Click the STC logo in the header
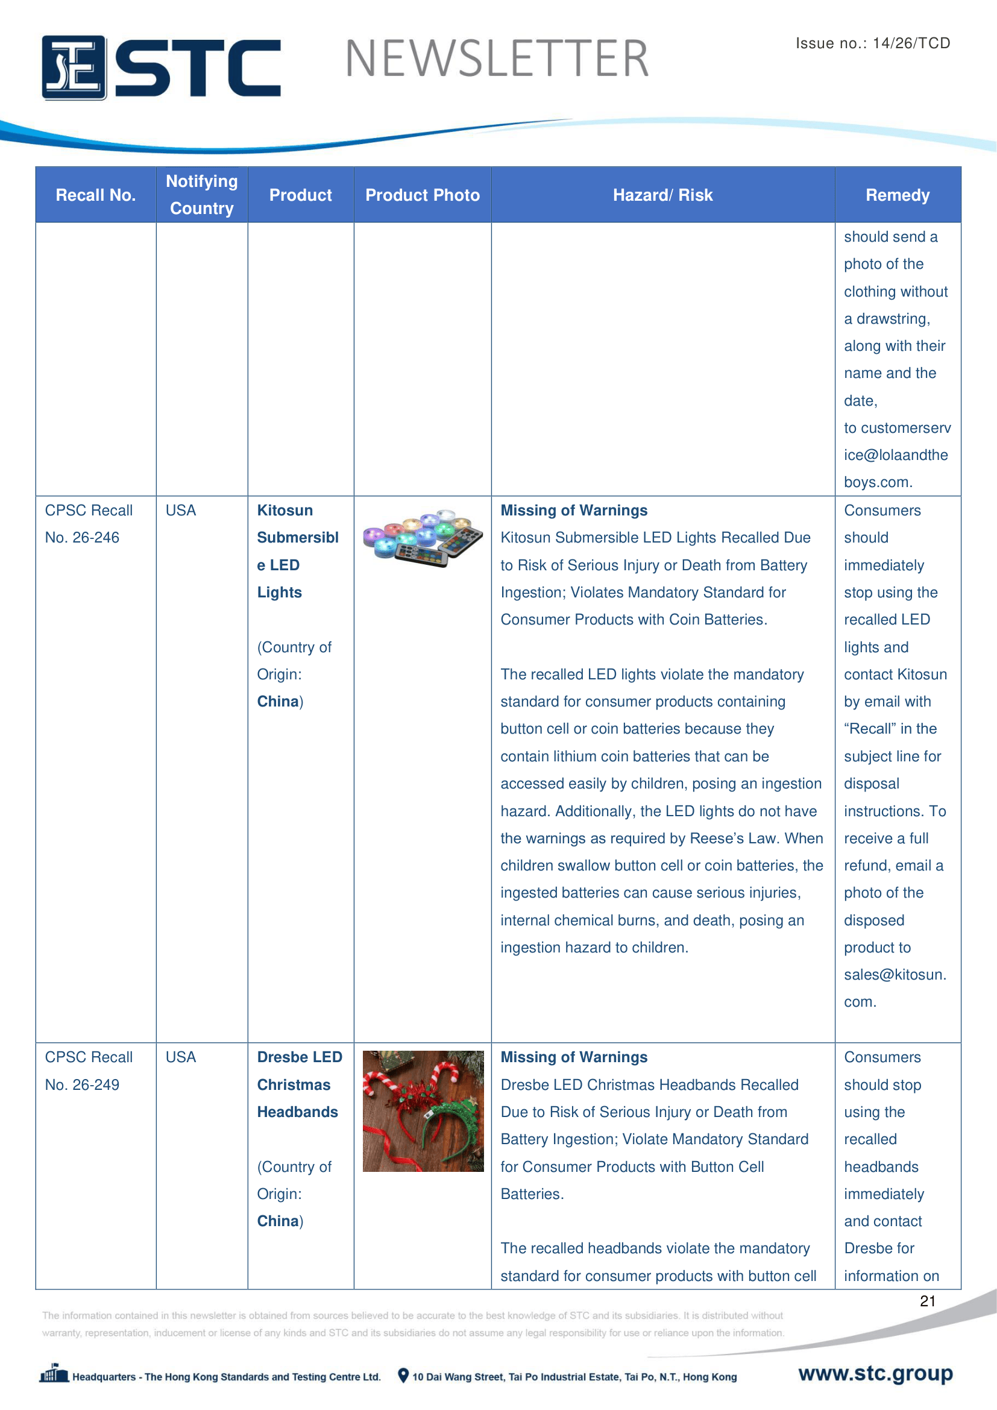pyautogui.click(x=161, y=67)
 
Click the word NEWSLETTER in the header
pyautogui.click(x=497, y=59)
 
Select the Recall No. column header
pyautogui.click(x=96, y=195)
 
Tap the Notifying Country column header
pyautogui.click(x=201, y=195)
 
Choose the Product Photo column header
pyautogui.click(x=423, y=195)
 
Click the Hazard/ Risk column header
pyautogui.click(x=662, y=195)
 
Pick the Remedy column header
pyautogui.click(x=897, y=195)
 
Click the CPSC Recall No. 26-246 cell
pyautogui.click(x=89, y=524)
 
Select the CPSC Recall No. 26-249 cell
pyautogui.click(x=89, y=1071)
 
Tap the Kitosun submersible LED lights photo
pyautogui.click(x=423, y=538)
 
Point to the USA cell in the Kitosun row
pyautogui.click(x=180, y=511)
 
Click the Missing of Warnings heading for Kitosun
pyautogui.click(x=573, y=511)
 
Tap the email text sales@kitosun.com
pyautogui.click(x=895, y=987)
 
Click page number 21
pyautogui.click(x=927, y=1301)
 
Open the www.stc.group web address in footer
pyautogui.click(x=875, y=1373)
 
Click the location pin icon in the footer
pyautogui.click(x=403, y=1376)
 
